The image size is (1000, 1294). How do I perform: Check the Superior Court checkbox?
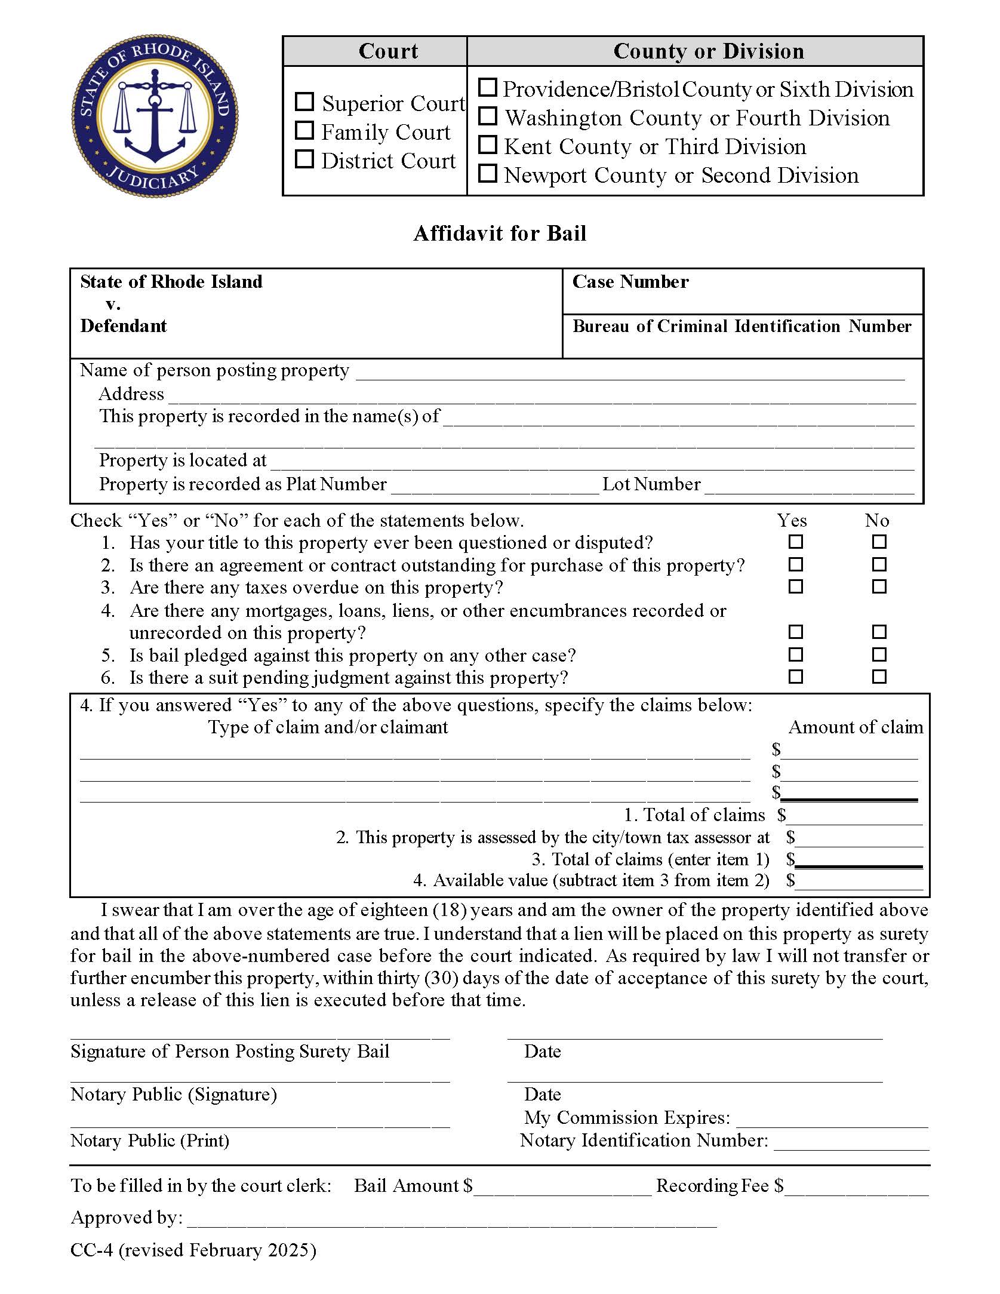click(304, 102)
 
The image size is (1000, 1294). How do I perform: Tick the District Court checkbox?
click(304, 159)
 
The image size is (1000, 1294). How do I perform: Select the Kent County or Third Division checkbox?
click(488, 145)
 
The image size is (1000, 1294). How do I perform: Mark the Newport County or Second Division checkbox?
click(488, 174)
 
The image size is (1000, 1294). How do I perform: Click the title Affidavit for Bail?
click(500, 233)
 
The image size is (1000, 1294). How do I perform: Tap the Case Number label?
click(630, 282)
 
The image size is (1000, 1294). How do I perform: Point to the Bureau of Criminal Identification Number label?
click(741, 326)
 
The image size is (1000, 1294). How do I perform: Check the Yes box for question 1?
click(796, 542)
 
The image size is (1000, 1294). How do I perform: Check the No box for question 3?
click(879, 587)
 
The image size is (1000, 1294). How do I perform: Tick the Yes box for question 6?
click(796, 677)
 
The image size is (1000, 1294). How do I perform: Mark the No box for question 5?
click(879, 654)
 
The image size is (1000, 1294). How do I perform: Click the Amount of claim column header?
click(856, 727)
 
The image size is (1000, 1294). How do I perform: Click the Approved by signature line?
click(451, 1219)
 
